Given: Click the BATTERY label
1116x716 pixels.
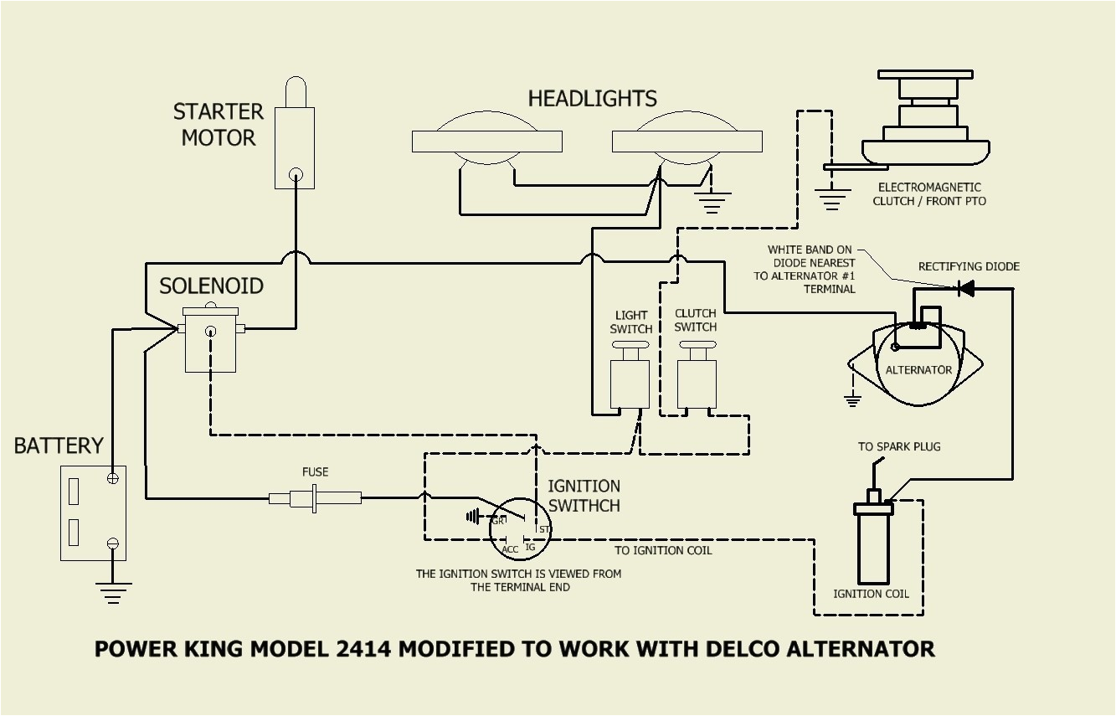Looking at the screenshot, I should (59, 446).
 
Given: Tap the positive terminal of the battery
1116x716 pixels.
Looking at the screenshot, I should (113, 478).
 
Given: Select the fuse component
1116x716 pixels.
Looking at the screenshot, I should (315, 498).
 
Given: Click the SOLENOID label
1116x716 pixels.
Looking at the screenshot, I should (211, 286).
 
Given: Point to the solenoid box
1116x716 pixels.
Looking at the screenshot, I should (210, 341).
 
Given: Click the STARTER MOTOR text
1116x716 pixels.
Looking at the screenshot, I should (219, 125).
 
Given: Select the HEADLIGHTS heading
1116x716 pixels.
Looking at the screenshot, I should (592, 99).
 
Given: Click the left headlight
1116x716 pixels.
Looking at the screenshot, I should (486, 142).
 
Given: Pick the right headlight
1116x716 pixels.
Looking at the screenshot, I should (687, 142).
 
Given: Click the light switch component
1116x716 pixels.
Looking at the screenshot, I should (630, 382).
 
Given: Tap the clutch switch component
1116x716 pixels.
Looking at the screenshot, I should (696, 382).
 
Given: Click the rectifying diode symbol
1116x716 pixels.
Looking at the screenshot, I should (966, 289).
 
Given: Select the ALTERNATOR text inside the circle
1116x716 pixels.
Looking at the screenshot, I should (918, 370).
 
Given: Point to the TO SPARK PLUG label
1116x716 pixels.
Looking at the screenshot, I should (899, 446).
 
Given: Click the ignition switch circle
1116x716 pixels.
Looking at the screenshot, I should (519, 530).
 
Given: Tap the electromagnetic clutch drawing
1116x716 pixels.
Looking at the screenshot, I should (926, 126).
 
